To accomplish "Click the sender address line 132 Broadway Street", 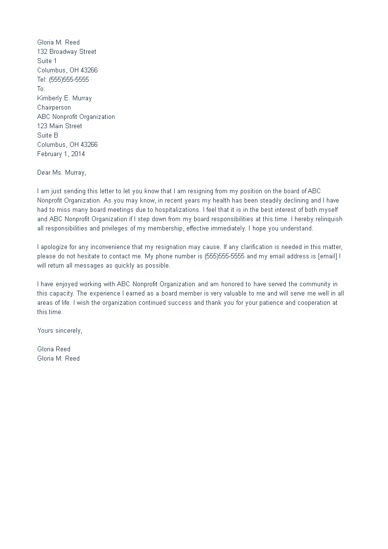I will [67, 51].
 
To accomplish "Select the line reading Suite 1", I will [47, 61].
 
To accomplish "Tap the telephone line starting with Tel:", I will [63, 79].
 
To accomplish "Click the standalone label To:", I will [41, 89].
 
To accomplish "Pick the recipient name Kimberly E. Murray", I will [65, 98].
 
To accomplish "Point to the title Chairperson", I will [54, 107].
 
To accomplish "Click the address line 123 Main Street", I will [60, 126].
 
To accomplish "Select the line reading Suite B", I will [47, 135].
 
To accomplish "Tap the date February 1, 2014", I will [61, 154].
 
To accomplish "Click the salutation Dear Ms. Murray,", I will [62, 172].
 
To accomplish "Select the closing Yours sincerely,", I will [60, 330].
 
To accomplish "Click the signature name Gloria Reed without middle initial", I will [54, 349].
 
